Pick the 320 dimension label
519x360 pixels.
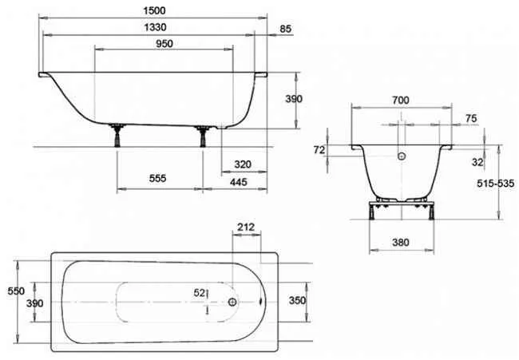(244, 164)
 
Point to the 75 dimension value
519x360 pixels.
(471, 117)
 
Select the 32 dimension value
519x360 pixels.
(478, 161)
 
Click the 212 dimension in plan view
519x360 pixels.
(247, 228)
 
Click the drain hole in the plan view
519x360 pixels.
(232, 303)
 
